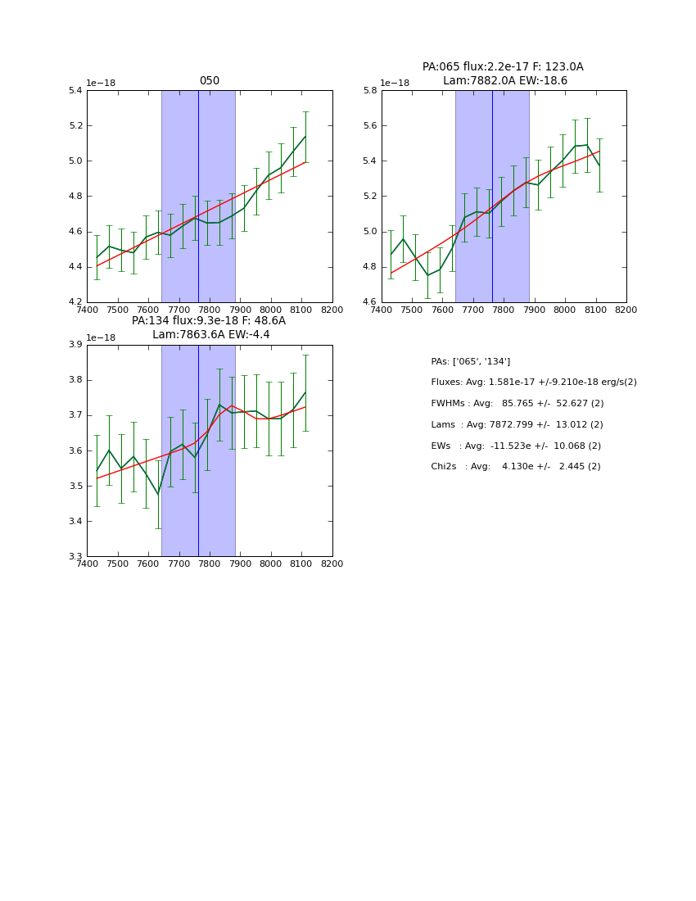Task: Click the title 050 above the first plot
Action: (210, 81)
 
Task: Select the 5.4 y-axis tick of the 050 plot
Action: (75, 90)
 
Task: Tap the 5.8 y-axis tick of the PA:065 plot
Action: (369, 90)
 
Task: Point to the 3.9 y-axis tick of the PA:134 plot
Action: (75, 345)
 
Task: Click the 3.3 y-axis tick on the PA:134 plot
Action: (75, 557)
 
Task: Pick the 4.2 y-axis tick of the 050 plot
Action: (75, 302)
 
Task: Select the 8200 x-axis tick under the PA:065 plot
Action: (626, 310)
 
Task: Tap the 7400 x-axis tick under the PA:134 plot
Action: (87, 564)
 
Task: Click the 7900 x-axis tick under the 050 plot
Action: (240, 310)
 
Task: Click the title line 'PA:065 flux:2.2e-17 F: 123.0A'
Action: (503, 67)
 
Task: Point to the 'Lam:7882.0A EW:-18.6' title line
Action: (504, 81)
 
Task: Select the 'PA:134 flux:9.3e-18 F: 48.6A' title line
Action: (209, 321)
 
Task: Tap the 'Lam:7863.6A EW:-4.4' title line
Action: (210, 335)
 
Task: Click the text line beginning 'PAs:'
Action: (470, 361)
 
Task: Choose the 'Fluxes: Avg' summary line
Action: (533, 383)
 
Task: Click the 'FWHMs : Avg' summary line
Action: (517, 403)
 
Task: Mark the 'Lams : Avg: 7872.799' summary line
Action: (517, 424)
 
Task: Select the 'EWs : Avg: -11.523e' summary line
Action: (516, 446)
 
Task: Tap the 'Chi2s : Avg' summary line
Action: (515, 466)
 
